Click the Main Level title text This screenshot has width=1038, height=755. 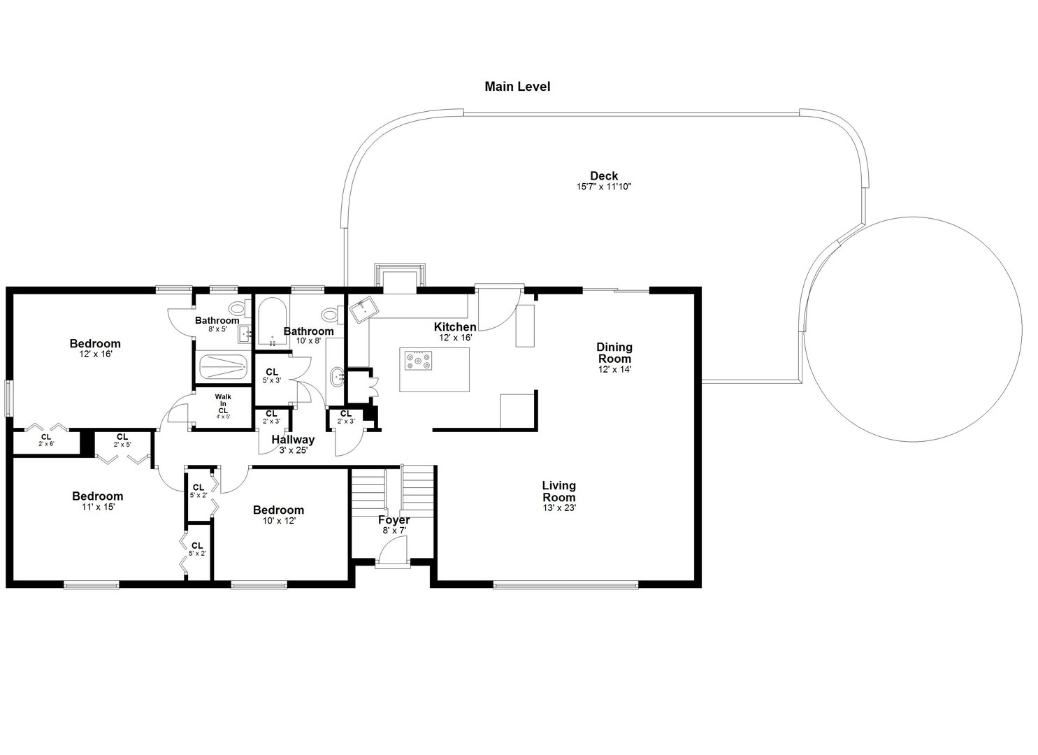click(x=517, y=87)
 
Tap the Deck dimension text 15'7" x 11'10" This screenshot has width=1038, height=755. click(x=603, y=187)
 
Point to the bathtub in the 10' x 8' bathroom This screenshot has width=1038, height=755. click(x=271, y=322)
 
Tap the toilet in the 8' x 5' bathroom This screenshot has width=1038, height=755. click(x=236, y=307)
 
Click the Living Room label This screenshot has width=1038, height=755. click(x=558, y=491)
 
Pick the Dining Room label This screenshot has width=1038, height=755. click(x=614, y=353)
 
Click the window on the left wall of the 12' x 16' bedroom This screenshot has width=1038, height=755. click(x=9, y=397)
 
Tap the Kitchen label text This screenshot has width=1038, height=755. click(x=455, y=327)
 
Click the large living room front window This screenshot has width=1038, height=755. click(x=565, y=584)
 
